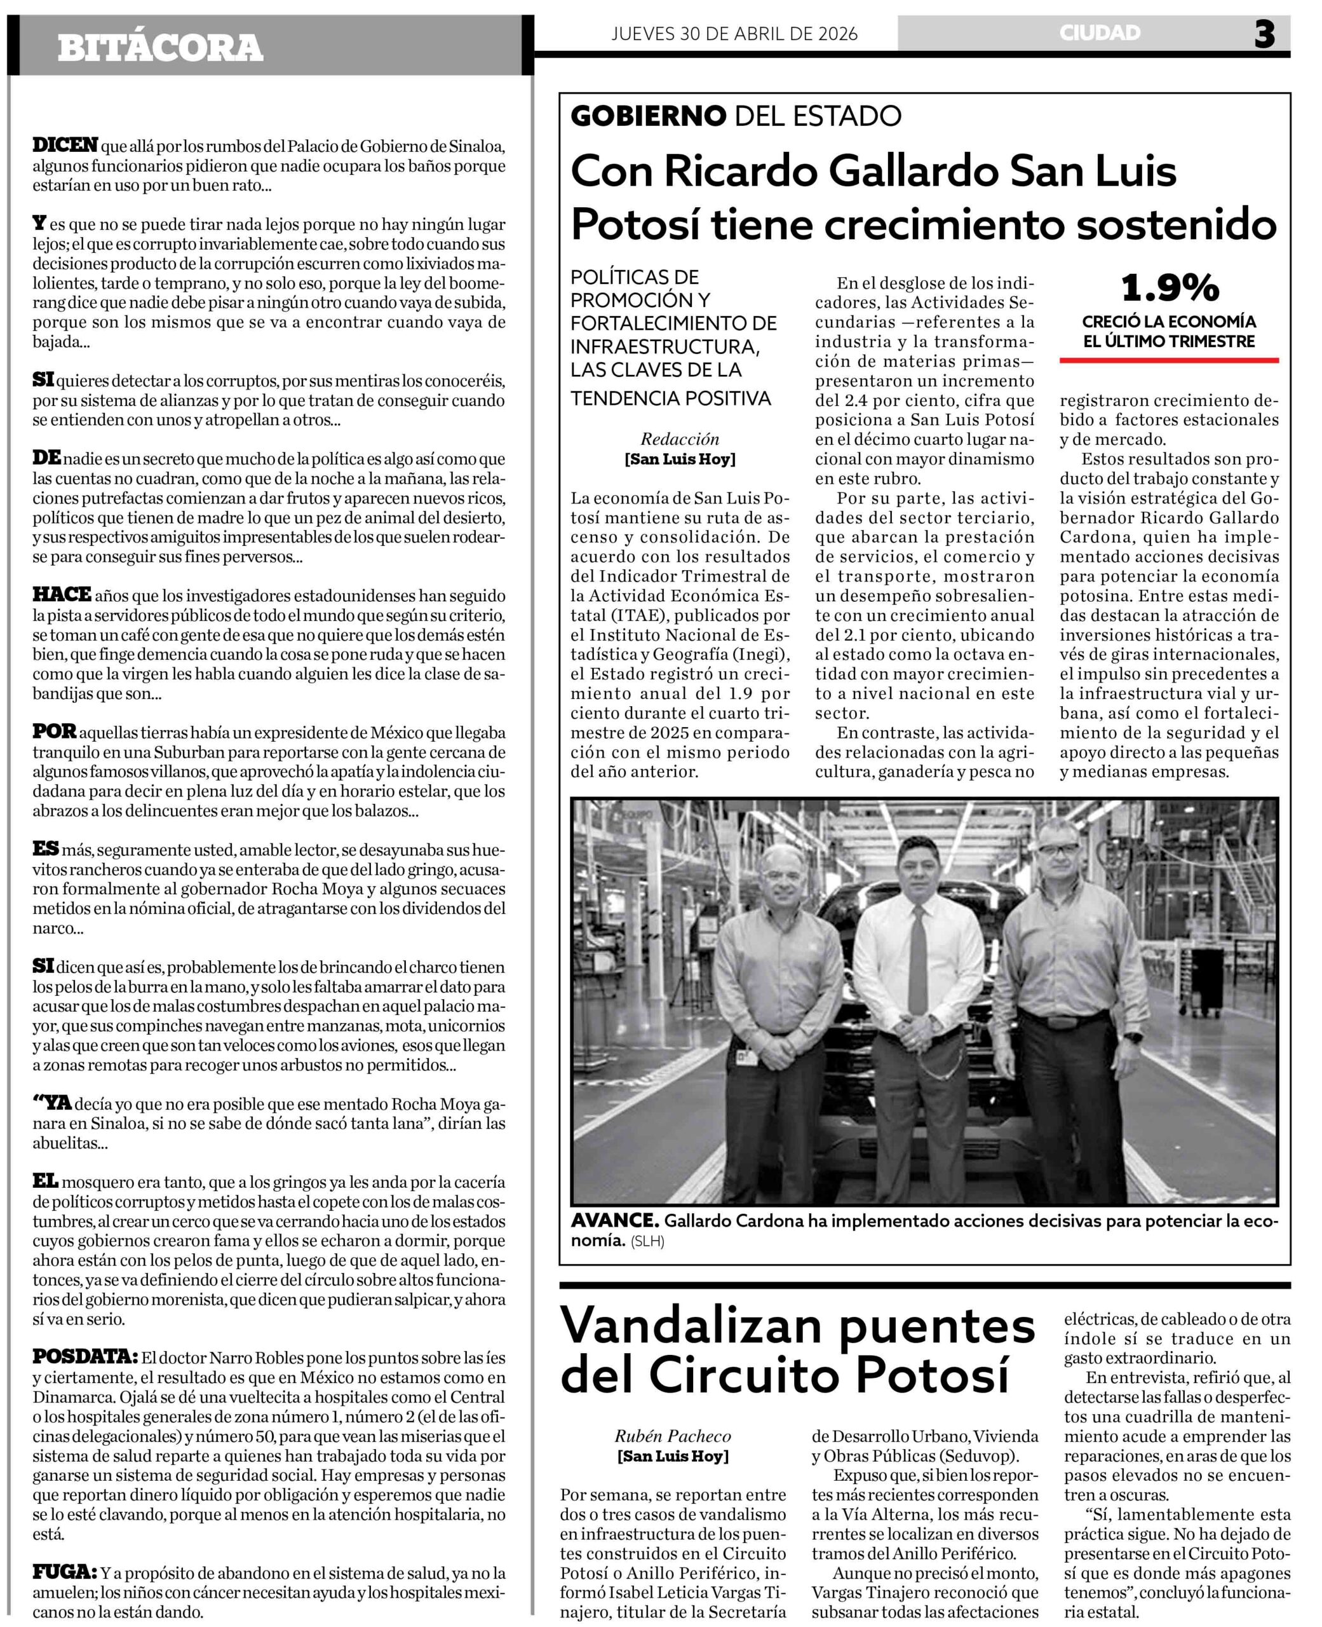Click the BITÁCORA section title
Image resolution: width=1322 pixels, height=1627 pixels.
[x=160, y=48]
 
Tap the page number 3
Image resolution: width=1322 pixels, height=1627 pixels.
[x=1264, y=35]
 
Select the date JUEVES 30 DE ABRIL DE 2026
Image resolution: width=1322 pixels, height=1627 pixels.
[x=734, y=34]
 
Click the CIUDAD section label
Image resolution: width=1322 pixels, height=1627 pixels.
[x=1100, y=33]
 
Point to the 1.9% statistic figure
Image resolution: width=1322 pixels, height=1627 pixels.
[x=1170, y=288]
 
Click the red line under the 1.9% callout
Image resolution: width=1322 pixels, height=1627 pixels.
[x=1169, y=360]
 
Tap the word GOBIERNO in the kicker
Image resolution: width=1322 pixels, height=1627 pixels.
[x=648, y=116]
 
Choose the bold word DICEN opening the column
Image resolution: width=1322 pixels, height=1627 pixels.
[x=65, y=145]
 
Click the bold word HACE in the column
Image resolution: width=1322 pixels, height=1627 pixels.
[x=62, y=594]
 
